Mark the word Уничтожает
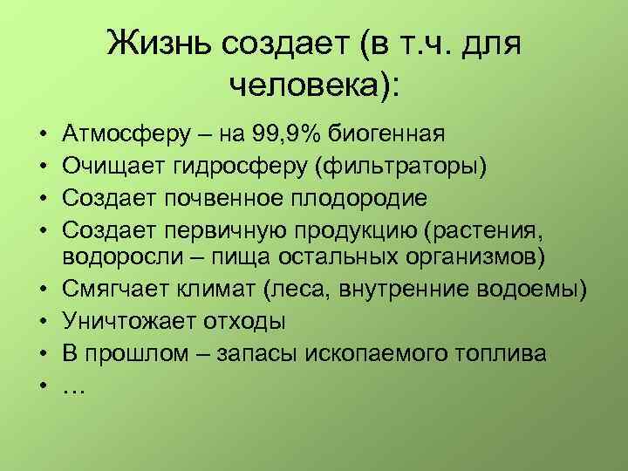(126, 321)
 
